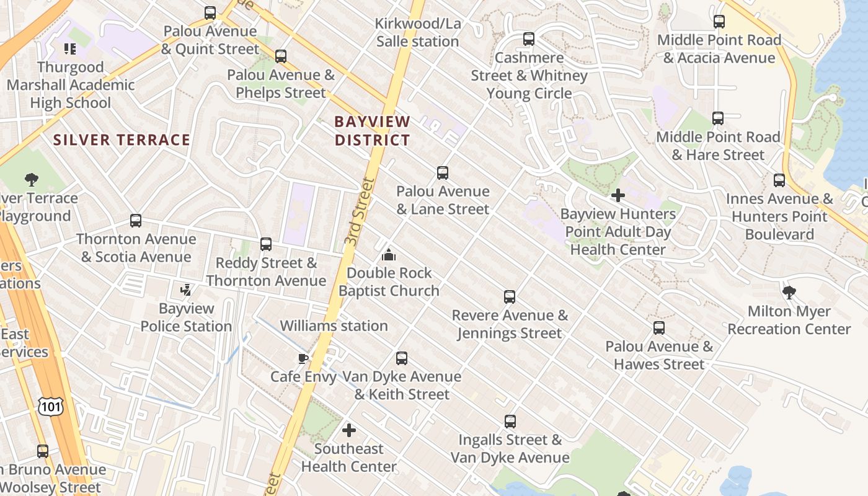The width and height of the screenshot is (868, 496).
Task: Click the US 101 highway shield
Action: point(50,406)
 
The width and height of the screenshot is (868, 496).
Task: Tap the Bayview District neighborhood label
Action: point(372,131)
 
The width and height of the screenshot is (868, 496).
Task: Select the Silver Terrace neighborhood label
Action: point(122,139)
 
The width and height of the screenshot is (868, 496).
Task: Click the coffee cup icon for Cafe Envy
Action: point(303,358)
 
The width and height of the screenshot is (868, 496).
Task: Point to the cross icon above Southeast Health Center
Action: point(349,430)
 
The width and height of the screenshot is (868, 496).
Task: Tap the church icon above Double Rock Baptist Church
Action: point(389,255)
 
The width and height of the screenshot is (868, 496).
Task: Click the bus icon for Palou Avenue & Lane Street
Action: point(443,173)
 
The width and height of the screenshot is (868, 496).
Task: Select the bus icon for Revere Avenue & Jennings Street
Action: point(510,297)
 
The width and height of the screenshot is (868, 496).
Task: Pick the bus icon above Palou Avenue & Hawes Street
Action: point(659,328)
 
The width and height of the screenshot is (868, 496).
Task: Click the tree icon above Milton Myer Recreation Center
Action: point(789,292)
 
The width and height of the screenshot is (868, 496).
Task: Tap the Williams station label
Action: point(334,325)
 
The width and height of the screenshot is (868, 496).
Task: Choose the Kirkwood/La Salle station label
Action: point(418,32)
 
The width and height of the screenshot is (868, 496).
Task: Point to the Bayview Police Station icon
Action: point(185,290)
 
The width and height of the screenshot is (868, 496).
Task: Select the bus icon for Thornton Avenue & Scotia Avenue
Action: point(136,221)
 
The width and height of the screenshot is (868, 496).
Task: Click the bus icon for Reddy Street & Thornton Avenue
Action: point(266,244)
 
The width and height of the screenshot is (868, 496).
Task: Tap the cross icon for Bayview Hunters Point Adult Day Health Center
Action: point(618,196)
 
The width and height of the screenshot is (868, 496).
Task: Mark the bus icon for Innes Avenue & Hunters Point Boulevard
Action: point(779,180)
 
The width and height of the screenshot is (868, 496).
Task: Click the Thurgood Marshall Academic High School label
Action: point(71,85)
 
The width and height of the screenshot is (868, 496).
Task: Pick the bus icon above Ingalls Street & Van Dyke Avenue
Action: point(510,422)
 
